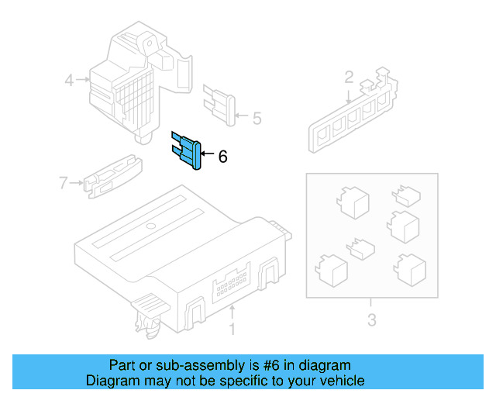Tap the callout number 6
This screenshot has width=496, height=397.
pyautogui.click(x=223, y=157)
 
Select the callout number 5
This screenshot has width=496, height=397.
pyautogui.click(x=257, y=119)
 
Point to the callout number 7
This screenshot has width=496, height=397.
pyautogui.click(x=64, y=183)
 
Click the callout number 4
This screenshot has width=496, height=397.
pyautogui.click(x=69, y=79)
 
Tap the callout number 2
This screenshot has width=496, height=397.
pyautogui.click(x=349, y=77)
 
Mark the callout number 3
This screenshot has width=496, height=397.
pyautogui.click(x=371, y=319)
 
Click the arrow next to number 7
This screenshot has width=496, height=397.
pyautogui.click(x=77, y=183)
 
